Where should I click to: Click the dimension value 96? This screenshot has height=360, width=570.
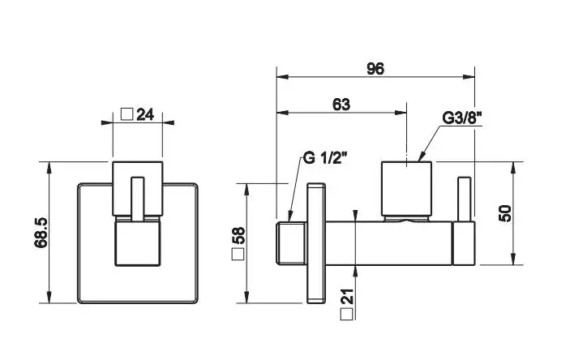click(375, 69)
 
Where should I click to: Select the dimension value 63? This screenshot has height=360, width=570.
click(341, 104)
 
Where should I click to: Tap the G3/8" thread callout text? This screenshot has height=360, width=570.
click(462, 118)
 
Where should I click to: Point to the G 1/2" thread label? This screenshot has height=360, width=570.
click(324, 157)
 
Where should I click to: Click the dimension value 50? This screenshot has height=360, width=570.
click(504, 213)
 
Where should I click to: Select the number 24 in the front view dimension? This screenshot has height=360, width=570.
click(145, 114)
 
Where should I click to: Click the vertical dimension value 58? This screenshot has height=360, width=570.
click(239, 236)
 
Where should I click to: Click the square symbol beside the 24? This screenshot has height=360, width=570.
click(126, 114)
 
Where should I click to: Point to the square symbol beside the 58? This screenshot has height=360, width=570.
click(239, 255)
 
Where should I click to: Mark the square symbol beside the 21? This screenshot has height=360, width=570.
click(347, 313)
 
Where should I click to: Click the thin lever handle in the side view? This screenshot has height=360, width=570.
click(465, 199)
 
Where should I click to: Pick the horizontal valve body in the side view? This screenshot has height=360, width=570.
click(389, 241)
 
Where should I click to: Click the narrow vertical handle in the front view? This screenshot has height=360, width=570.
click(138, 199)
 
